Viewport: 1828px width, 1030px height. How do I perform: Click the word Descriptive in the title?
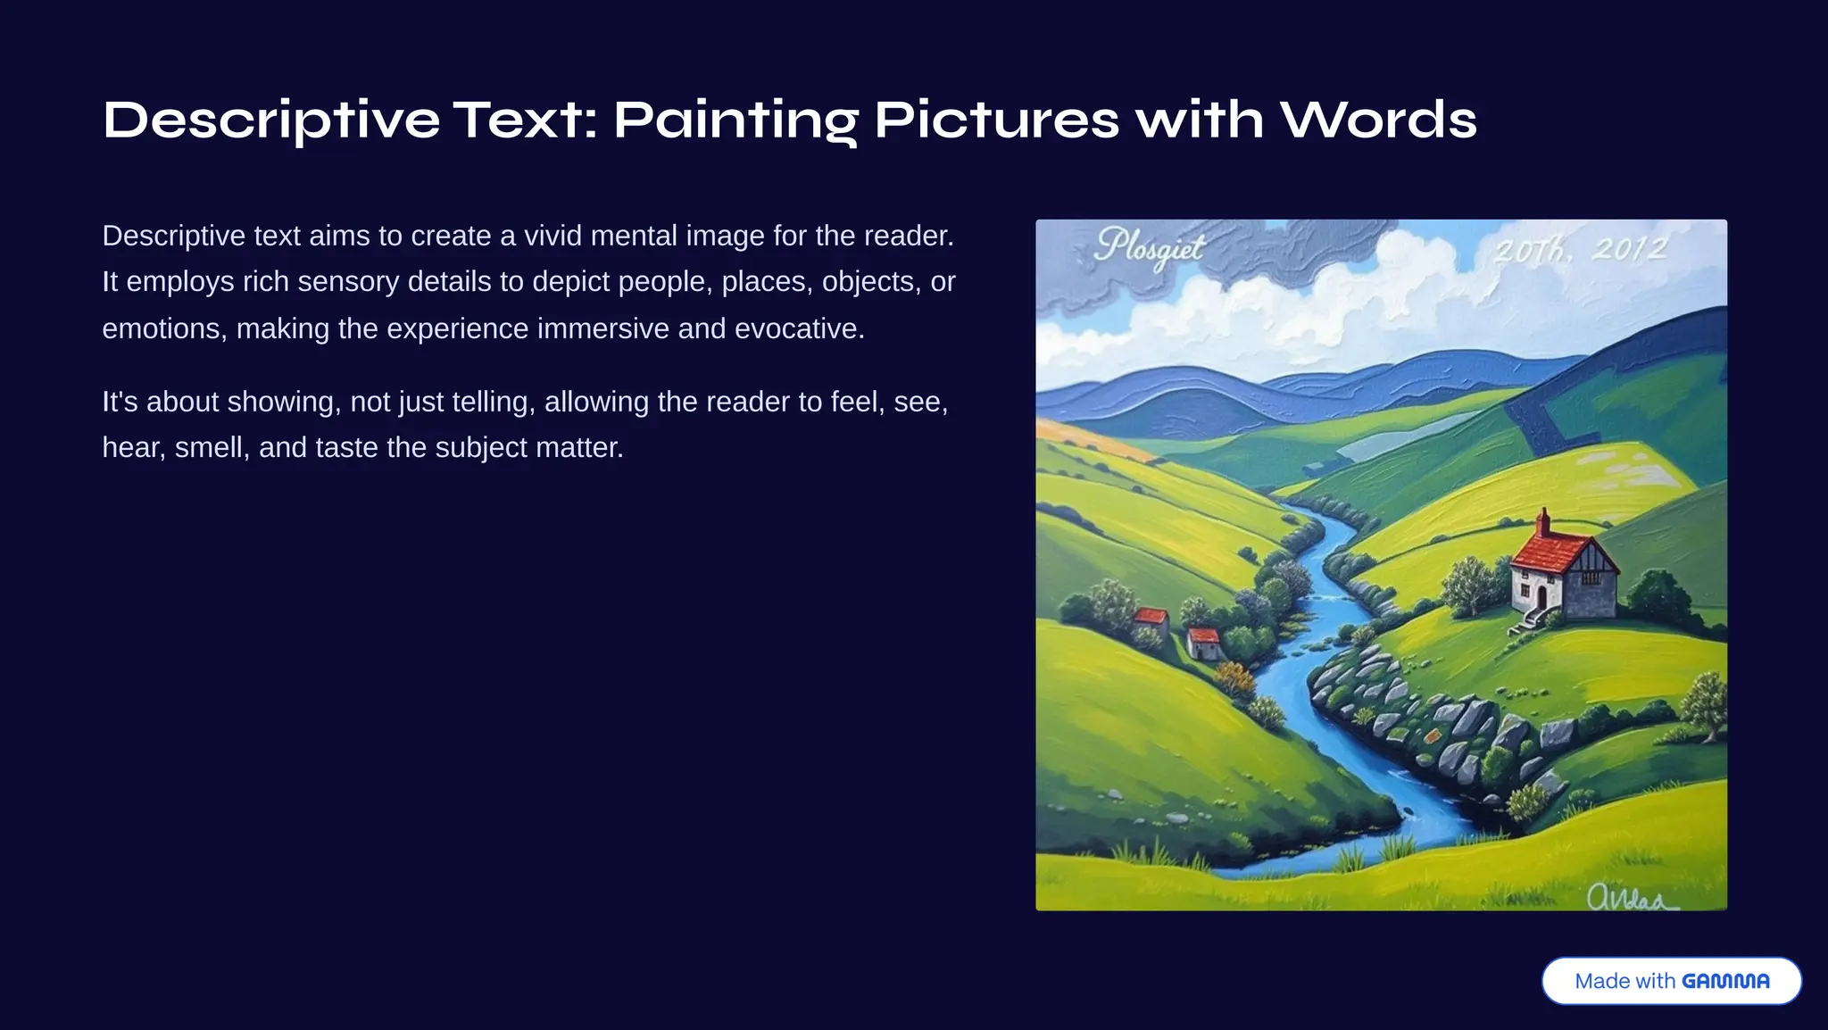[x=271, y=120]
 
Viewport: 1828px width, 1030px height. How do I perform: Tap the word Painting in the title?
[x=735, y=120]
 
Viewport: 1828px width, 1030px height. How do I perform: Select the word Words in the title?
[x=1379, y=120]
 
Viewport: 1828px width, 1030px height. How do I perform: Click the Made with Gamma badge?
[x=1671, y=981]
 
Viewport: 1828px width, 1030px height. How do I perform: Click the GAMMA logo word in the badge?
[x=1725, y=981]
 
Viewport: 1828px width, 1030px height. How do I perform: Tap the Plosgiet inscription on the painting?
[x=1150, y=247]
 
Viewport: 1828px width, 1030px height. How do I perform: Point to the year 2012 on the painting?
[x=1630, y=249]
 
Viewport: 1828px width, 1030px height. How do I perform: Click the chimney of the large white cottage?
[x=1542, y=521]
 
